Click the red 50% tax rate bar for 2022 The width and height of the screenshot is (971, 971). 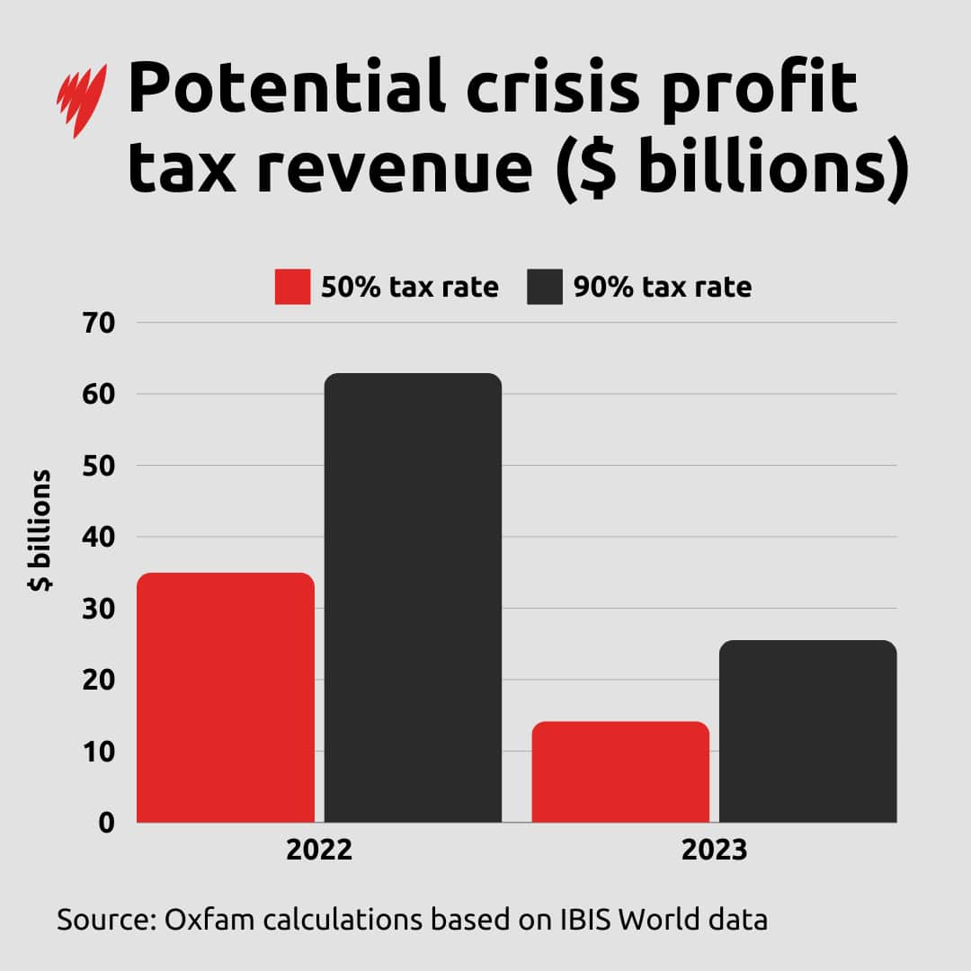tap(226, 697)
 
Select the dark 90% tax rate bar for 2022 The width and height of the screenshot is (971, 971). tap(413, 598)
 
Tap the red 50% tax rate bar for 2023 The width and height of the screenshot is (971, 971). tap(620, 771)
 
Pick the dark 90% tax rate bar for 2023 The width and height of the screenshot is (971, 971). tap(808, 731)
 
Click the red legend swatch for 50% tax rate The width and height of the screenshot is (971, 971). tap(292, 287)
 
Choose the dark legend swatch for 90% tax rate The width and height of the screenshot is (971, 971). tap(545, 287)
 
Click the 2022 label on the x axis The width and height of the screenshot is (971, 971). tap(319, 851)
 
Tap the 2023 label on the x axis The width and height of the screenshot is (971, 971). tap(714, 851)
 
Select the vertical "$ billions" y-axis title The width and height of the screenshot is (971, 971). tap(40, 530)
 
